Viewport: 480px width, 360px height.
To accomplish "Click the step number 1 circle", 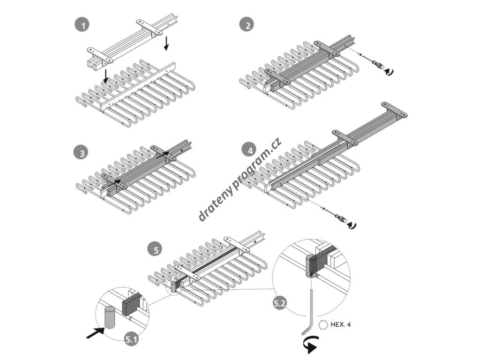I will [82, 25].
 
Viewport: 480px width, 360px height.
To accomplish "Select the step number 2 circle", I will [247, 25].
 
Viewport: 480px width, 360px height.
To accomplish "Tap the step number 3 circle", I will [81, 153].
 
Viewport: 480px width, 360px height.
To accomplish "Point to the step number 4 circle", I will [249, 150].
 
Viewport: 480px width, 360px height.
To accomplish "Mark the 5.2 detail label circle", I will [280, 303].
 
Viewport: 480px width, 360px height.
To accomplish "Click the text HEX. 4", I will [341, 324].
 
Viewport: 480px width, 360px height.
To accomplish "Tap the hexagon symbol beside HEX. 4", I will [323, 324].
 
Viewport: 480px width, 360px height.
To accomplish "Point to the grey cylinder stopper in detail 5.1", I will [110, 317].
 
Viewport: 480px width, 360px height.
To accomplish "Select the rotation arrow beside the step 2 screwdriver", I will [389, 71].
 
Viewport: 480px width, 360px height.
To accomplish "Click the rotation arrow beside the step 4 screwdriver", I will [352, 226].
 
